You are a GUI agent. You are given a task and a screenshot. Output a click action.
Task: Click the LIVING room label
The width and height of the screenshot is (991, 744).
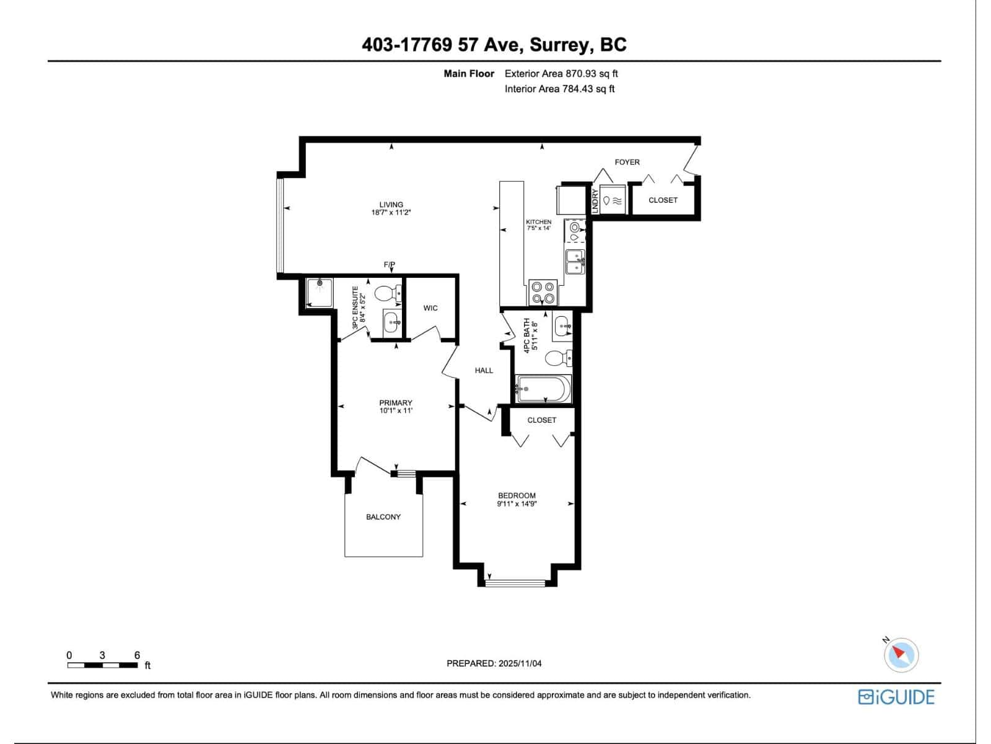[391, 208]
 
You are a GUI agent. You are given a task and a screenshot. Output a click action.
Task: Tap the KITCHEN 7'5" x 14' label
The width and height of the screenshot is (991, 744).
[538, 225]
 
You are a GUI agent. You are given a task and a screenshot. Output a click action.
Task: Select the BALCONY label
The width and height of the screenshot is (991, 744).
[383, 516]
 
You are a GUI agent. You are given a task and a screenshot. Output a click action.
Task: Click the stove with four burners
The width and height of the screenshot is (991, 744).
[543, 292]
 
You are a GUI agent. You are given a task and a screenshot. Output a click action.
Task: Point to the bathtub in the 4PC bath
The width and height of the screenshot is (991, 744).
[544, 389]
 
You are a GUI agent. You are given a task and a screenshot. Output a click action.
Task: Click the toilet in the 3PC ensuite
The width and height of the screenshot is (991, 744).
[390, 293]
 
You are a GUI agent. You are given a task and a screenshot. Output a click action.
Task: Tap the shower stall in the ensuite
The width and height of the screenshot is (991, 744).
[320, 293]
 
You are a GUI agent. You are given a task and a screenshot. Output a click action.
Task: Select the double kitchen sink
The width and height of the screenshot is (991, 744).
[575, 262]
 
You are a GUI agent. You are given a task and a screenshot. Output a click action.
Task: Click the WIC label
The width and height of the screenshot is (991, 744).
[430, 308]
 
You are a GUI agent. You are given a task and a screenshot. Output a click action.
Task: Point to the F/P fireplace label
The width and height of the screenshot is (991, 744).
[389, 265]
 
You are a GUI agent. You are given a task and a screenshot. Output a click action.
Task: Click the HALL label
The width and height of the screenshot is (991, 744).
[484, 370]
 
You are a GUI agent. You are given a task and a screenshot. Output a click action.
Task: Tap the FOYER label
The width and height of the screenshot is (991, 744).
[627, 162]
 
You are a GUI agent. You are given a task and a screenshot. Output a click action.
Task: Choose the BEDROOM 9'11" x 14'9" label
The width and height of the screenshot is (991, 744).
[517, 500]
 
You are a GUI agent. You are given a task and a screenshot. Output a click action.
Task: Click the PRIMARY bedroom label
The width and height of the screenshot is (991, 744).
[395, 407]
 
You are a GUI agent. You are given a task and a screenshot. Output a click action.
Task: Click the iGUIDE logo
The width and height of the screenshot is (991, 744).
[896, 697]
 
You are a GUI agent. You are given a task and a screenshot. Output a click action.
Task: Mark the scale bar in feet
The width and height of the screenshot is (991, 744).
[103, 665]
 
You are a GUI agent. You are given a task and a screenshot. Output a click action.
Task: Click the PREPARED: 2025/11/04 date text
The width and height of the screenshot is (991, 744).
[494, 663]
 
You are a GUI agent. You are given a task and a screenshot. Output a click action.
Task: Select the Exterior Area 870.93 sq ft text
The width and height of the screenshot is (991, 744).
[561, 73]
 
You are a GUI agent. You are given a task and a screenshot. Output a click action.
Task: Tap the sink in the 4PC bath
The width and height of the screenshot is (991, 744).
[562, 325]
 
